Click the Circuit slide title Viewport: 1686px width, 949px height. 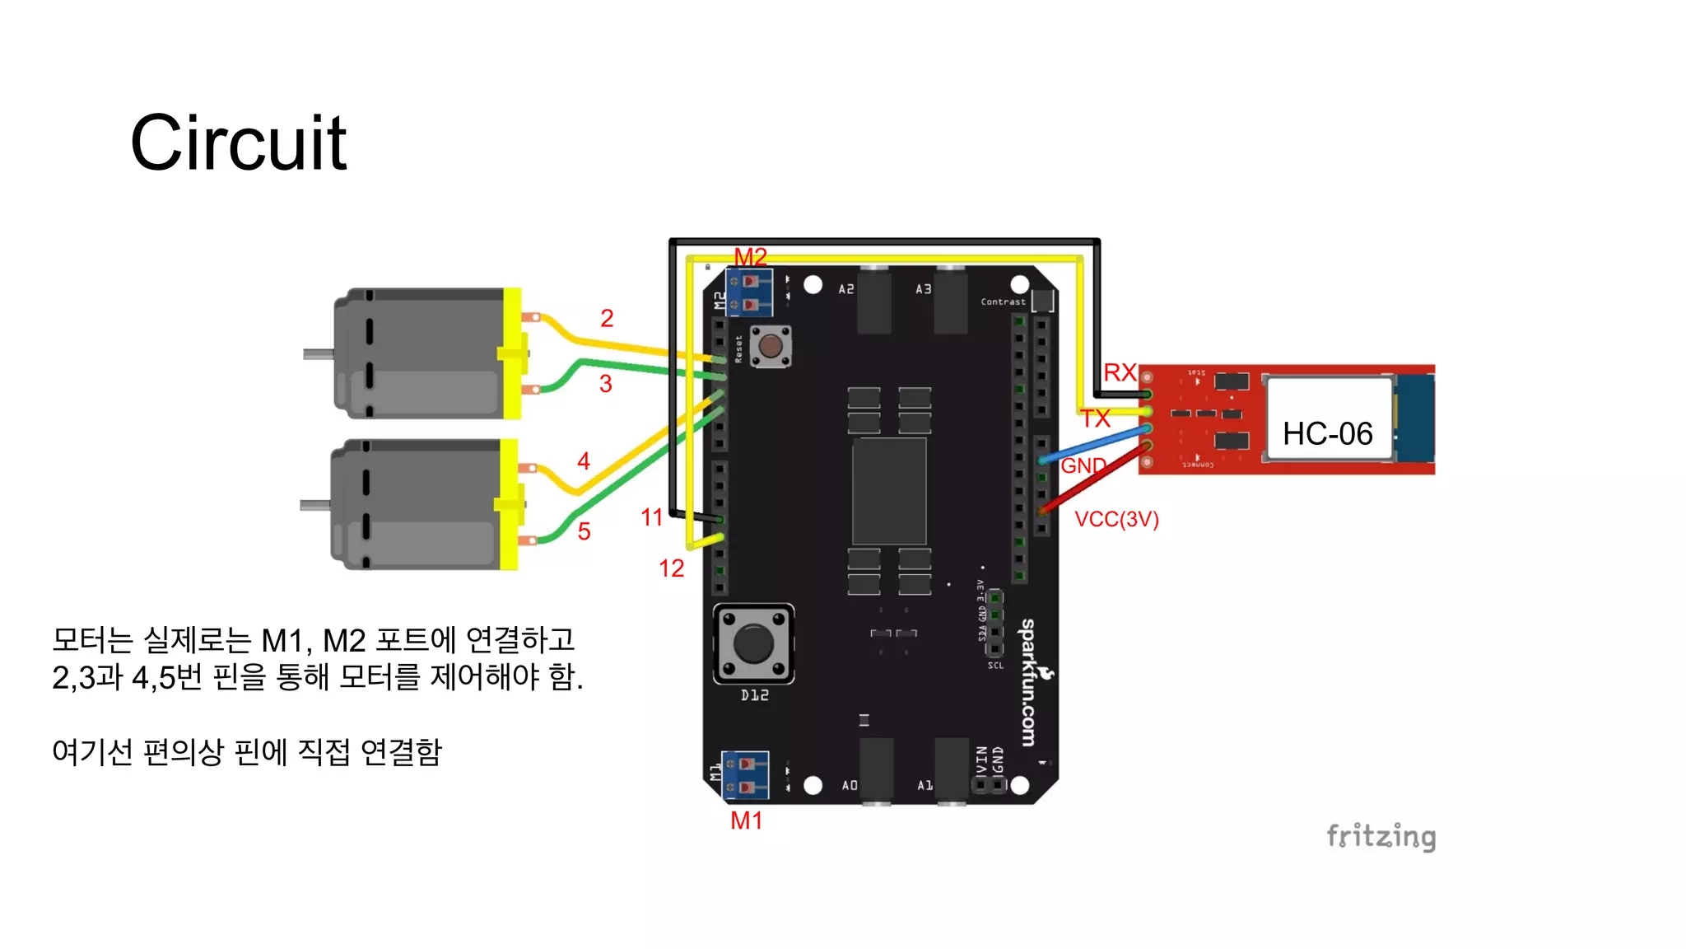(239, 143)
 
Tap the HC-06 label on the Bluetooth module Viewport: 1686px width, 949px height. (1327, 433)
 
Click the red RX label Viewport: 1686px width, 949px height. (1120, 372)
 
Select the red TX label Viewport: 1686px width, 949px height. (1096, 418)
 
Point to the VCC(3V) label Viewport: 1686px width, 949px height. (1116, 519)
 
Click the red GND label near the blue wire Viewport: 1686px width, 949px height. (1083, 465)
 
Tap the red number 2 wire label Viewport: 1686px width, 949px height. (607, 318)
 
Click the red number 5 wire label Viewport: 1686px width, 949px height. (584, 531)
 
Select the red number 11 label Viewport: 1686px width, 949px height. (651, 517)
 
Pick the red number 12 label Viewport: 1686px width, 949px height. (671, 568)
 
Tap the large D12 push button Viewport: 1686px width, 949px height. (753, 643)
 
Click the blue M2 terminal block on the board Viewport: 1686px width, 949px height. (749, 293)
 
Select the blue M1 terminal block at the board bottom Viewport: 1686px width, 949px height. (745, 775)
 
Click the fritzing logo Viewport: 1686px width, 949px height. (1381, 836)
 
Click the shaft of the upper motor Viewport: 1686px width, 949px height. (318, 354)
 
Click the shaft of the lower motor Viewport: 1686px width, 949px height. (314, 505)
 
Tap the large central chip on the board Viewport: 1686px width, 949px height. (889, 491)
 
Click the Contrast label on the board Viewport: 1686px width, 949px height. (1003, 302)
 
